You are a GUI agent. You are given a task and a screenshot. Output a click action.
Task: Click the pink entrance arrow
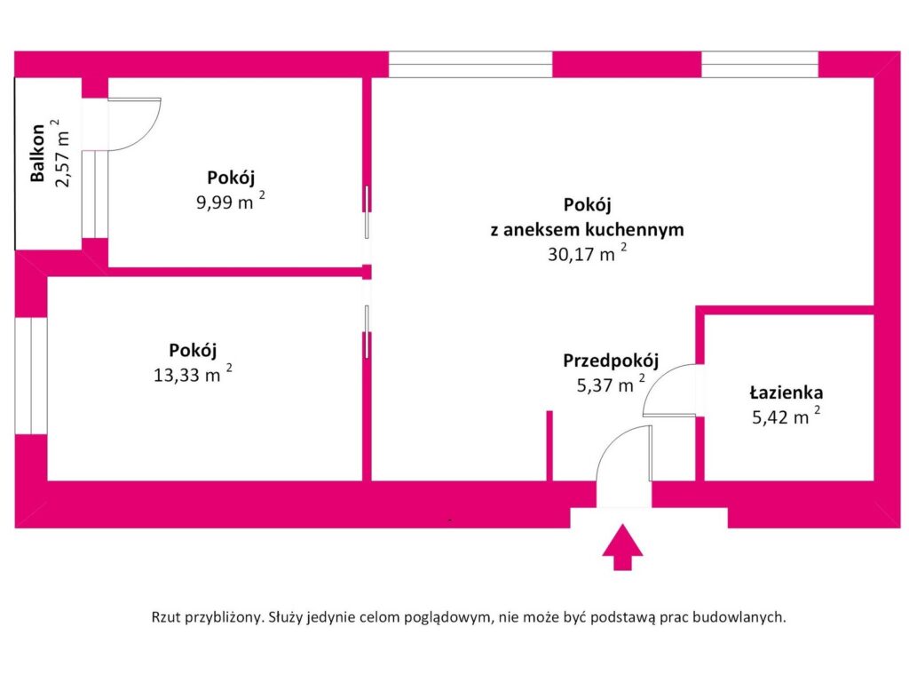622,548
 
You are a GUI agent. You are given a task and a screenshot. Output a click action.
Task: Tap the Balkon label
37,153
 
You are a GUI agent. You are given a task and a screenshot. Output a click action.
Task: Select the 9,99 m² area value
231,202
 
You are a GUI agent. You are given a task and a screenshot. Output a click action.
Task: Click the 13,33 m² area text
193,374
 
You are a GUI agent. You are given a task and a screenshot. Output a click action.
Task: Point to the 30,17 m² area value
588,253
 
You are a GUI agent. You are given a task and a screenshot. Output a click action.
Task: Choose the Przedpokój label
611,361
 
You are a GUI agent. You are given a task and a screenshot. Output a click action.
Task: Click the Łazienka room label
786,393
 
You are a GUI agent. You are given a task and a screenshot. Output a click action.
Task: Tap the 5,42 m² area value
786,416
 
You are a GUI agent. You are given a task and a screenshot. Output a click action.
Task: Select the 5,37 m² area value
611,385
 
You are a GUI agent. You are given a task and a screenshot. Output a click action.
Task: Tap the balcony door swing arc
146,137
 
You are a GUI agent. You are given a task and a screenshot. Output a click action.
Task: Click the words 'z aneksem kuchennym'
588,230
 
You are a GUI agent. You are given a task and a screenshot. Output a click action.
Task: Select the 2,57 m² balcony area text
62,153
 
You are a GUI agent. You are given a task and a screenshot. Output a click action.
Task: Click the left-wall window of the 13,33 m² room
31,376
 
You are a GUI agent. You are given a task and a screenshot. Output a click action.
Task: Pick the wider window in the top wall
470,64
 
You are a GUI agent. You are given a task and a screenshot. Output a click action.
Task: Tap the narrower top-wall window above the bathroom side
760,64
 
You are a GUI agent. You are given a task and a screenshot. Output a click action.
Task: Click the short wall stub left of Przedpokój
549,446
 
